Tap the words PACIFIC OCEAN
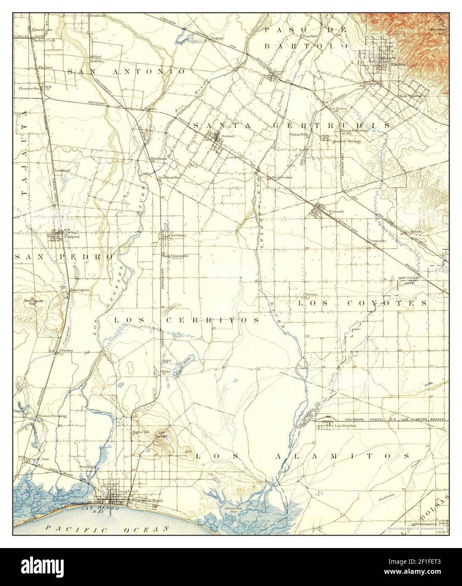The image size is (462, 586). [x=107, y=528]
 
